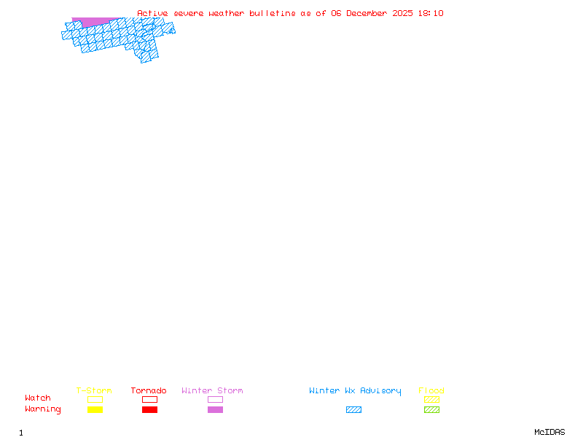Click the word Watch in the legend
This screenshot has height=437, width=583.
[38, 398]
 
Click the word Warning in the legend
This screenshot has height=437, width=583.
[43, 409]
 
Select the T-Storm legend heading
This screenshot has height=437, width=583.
[94, 391]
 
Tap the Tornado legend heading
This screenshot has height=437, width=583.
[149, 391]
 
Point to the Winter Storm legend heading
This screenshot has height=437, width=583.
[212, 391]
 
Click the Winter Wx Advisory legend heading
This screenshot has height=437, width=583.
[355, 391]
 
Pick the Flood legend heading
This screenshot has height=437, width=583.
[431, 391]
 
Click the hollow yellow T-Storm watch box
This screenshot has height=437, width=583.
[95, 399]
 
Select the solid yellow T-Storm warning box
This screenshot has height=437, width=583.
[95, 409]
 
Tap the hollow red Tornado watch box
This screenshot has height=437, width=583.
[149, 399]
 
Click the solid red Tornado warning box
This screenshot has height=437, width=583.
[149, 409]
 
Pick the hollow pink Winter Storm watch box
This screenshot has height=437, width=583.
[215, 399]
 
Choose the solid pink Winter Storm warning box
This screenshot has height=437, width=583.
[215, 409]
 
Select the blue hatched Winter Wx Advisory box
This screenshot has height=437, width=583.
[353, 409]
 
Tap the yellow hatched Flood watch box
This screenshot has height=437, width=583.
[431, 399]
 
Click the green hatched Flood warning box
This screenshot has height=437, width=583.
[431, 409]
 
